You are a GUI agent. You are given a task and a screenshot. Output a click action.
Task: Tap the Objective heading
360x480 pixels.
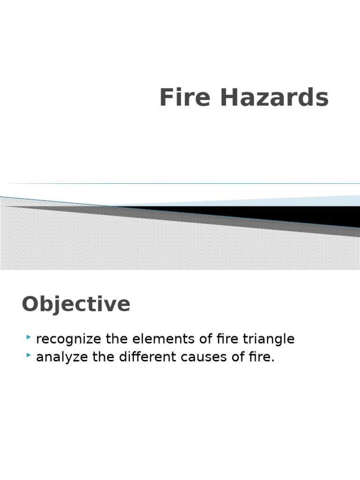click(x=76, y=304)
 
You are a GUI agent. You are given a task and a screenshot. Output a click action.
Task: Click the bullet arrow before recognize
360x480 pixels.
click(x=30, y=337)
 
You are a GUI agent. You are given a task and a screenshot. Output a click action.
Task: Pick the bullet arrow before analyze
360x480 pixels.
click(x=30, y=355)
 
